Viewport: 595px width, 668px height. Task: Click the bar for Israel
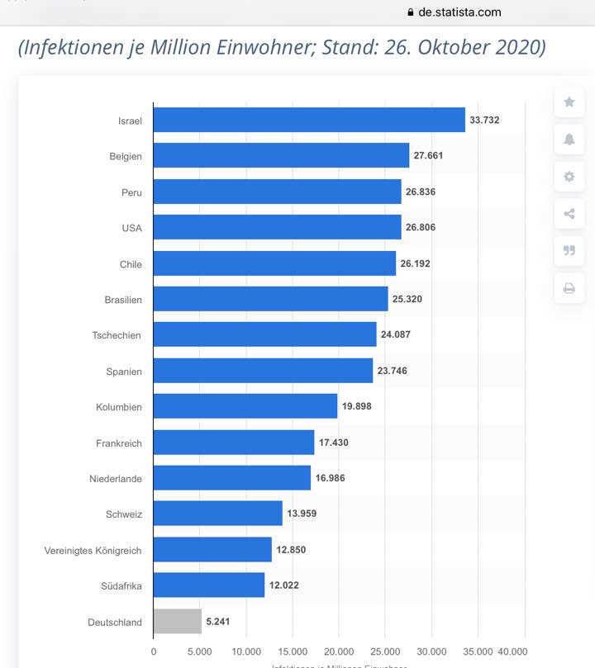point(309,120)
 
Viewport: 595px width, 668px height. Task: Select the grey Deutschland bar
point(177,622)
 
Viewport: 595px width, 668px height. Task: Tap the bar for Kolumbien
point(245,406)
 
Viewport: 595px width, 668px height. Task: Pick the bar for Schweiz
point(217,514)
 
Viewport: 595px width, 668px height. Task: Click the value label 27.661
point(429,156)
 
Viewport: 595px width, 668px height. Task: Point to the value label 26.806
point(421,228)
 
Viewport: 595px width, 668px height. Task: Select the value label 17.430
point(334,443)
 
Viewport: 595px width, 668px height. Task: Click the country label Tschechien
point(117,335)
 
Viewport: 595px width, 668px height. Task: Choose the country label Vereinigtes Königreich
point(93,550)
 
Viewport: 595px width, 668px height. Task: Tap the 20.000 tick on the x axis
point(339,651)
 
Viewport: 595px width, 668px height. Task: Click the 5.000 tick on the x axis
point(200,651)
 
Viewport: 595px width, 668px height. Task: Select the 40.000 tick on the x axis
point(513,651)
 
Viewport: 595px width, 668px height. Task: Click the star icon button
point(569,102)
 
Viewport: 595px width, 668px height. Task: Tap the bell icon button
point(569,140)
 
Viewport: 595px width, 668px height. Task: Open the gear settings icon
point(569,177)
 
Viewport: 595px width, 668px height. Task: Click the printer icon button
point(569,288)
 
